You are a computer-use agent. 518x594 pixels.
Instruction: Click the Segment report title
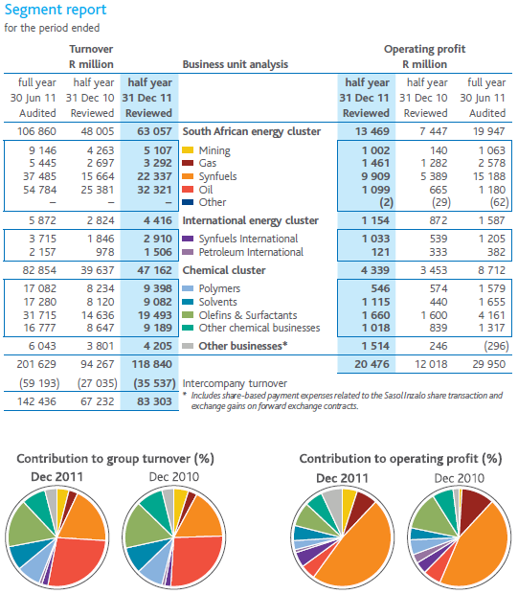tap(56, 11)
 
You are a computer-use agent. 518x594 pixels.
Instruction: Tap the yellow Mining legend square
tap(188, 150)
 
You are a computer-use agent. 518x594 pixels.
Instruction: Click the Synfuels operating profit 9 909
tap(375, 176)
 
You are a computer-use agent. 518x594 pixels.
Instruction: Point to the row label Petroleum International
tap(251, 252)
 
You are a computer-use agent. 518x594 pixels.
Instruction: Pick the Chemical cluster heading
tap(224, 270)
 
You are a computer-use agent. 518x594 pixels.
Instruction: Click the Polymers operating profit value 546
tap(380, 288)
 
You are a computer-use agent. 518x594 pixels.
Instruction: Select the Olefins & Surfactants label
tap(248, 315)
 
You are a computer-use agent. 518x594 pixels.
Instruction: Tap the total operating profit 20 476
tap(372, 364)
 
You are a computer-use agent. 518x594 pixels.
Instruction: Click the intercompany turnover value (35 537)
tap(154, 383)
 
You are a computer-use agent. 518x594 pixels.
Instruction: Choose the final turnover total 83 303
tap(154, 401)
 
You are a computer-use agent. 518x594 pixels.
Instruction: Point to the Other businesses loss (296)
tap(496, 346)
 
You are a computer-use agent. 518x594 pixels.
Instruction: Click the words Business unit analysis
tap(236, 64)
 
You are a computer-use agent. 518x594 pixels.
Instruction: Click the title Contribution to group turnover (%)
tap(116, 459)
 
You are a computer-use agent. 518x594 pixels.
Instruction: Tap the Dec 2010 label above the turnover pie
tap(174, 476)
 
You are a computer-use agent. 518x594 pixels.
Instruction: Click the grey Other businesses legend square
tap(188, 346)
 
